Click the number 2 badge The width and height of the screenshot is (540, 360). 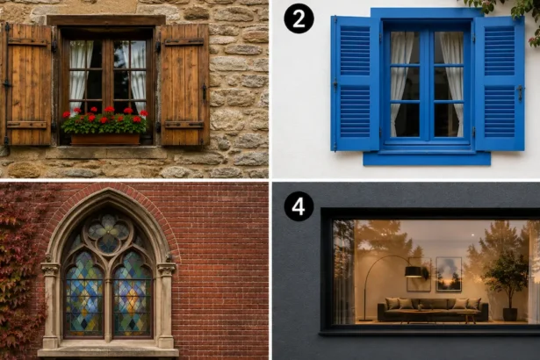[x=299, y=18]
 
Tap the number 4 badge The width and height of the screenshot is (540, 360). [x=299, y=206]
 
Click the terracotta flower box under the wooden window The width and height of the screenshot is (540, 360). [x=105, y=139]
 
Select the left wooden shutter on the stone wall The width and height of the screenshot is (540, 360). [x=27, y=84]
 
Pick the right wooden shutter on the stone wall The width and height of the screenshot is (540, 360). [x=184, y=84]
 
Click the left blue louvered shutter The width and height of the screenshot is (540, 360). [x=355, y=83]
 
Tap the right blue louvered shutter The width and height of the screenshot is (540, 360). [x=500, y=83]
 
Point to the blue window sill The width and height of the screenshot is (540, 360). [x=427, y=158]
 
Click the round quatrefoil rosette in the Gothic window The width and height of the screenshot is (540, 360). [x=108, y=233]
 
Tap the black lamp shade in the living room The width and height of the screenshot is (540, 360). [x=414, y=271]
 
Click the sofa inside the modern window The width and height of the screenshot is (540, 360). [x=433, y=309]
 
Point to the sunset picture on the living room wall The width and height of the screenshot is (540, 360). [x=449, y=274]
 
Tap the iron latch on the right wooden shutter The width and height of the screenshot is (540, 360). [x=205, y=91]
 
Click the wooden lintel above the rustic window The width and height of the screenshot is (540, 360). [x=106, y=20]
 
